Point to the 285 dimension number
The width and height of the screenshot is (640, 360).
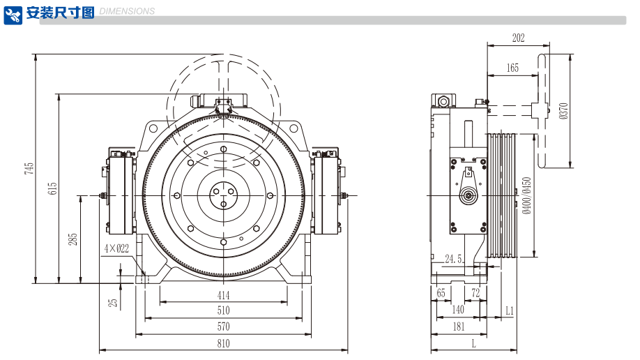[73, 239]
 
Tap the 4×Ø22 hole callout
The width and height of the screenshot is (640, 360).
[116, 248]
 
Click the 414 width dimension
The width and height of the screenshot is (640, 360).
[223, 296]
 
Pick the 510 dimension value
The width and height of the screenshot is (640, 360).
[223, 310]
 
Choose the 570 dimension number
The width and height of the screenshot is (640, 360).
[223, 327]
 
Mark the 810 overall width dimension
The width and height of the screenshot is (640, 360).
[223, 343]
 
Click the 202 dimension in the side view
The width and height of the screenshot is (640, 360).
[518, 38]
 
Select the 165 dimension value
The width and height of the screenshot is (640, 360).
[512, 68]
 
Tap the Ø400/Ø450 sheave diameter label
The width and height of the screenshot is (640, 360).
[526, 195]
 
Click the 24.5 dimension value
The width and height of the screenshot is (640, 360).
[454, 259]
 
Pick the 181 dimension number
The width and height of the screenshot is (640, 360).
[458, 326]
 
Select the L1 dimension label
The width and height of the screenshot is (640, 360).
[509, 310]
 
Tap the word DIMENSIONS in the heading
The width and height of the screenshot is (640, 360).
[128, 12]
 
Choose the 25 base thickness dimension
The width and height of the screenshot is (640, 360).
[112, 303]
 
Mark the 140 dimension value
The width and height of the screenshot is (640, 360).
[458, 310]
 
